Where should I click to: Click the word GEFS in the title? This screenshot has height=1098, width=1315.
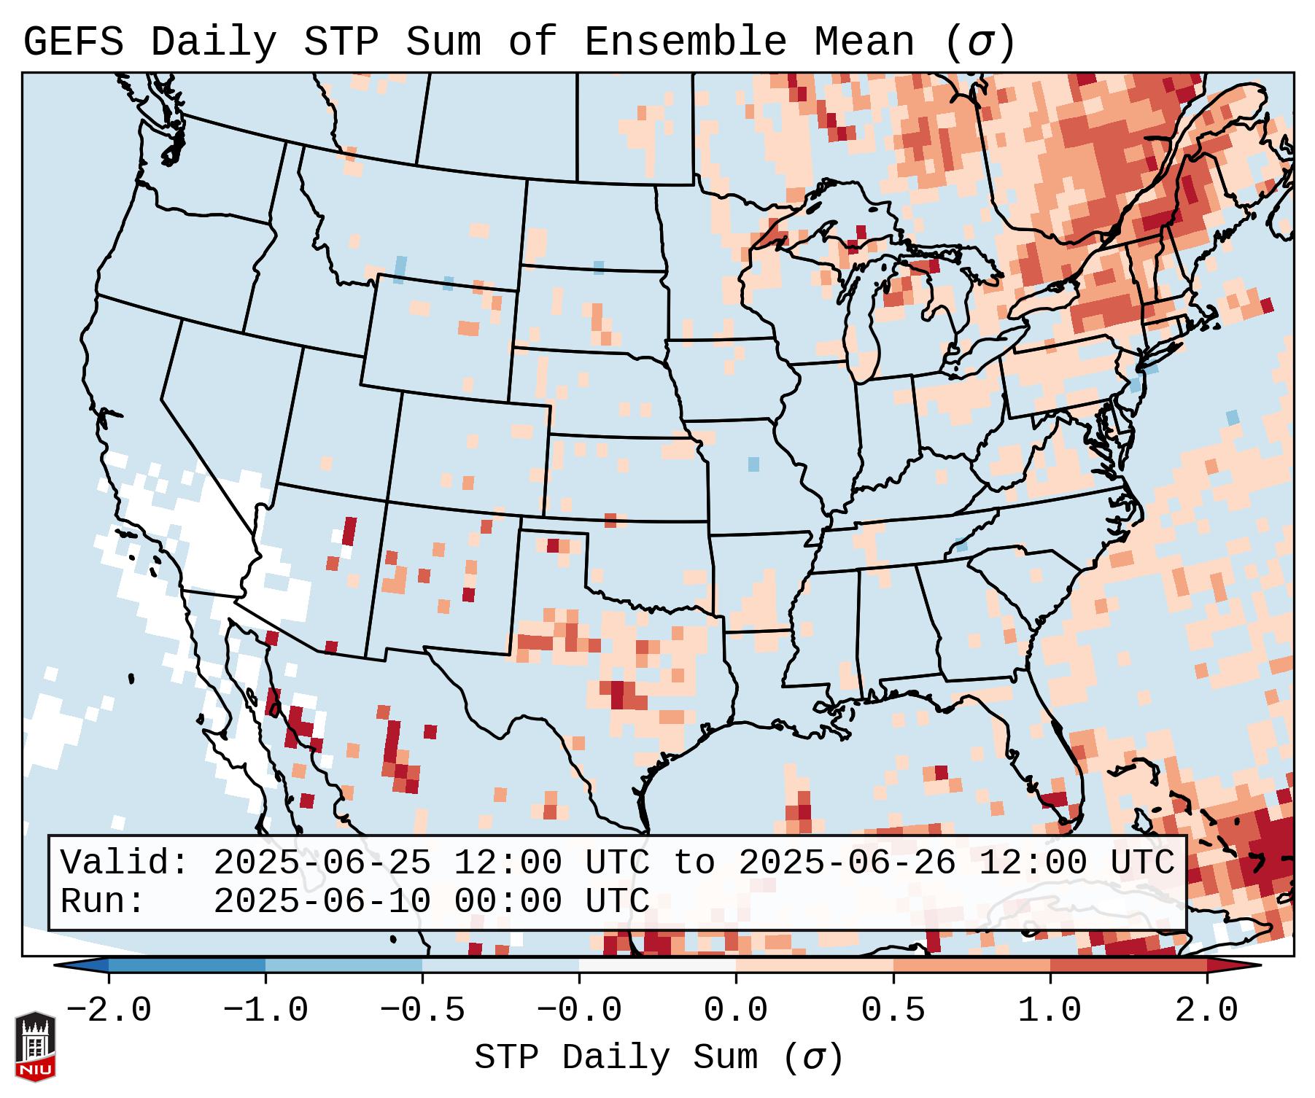point(73,42)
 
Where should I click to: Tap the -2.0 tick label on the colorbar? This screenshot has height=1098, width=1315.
point(109,1011)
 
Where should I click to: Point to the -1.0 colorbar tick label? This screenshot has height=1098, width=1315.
point(265,1011)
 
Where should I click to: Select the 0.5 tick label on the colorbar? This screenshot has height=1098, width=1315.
point(893,1011)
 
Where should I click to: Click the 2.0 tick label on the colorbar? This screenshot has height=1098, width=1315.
point(1207,1011)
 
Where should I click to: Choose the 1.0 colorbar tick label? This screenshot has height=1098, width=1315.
point(1050,1011)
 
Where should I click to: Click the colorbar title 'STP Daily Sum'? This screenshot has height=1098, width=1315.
point(616,1058)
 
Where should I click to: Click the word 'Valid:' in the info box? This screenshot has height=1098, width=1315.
point(125,863)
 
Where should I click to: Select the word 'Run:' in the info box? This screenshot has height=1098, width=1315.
point(103,902)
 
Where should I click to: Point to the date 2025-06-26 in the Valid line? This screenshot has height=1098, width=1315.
point(847,863)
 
